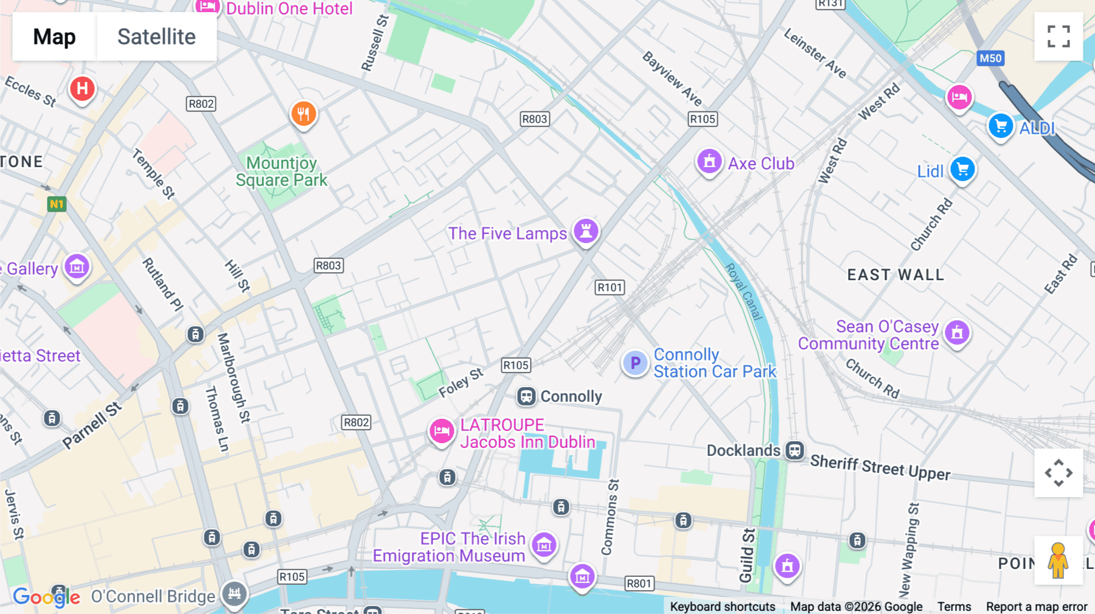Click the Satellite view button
click(x=156, y=36)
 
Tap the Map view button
click(x=54, y=36)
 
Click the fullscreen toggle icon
click(x=1058, y=36)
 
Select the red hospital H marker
click(x=82, y=89)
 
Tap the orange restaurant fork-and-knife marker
click(x=304, y=113)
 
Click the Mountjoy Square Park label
click(x=281, y=171)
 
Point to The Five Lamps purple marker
click(x=586, y=231)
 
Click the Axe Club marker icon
click(x=709, y=162)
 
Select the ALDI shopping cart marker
click(x=1001, y=126)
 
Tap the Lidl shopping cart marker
click(x=962, y=169)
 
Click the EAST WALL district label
click(x=895, y=275)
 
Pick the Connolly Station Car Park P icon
click(x=635, y=363)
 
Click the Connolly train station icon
click(x=526, y=397)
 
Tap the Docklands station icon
click(x=794, y=450)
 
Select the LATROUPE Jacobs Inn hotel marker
click(x=442, y=430)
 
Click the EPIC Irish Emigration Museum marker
click(x=544, y=545)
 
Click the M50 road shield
click(x=990, y=58)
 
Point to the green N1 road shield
click(x=57, y=204)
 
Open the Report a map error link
click(x=1036, y=606)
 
